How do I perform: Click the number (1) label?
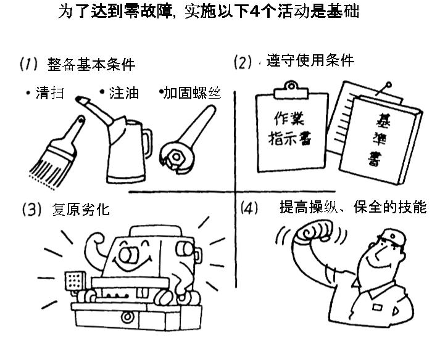[x=28, y=63]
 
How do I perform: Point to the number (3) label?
[x=31, y=209]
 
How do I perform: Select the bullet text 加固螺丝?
[x=193, y=93]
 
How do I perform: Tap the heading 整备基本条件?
[x=91, y=64]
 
